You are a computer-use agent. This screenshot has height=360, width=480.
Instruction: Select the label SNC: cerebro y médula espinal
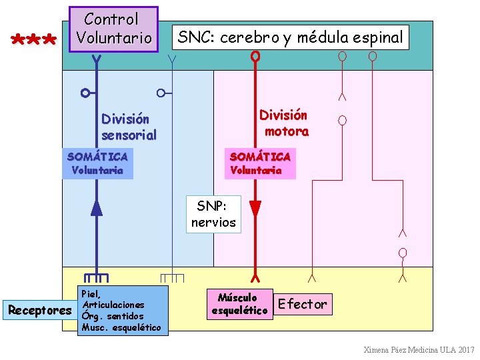pos(290,38)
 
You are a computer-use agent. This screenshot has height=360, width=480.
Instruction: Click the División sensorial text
pos(129,127)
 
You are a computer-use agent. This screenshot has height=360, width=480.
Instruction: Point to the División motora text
pos(284,123)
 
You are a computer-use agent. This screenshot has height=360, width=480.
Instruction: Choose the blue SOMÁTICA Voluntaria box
pos(97,163)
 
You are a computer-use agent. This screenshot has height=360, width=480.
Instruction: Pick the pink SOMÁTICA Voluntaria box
pos(259,163)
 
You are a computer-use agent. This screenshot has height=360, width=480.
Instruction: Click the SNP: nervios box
pos(213,215)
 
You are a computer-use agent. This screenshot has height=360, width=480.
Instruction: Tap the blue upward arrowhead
pos(97,207)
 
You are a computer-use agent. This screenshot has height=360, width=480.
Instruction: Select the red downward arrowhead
pos(254,207)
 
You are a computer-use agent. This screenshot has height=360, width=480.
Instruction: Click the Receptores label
pos(39,310)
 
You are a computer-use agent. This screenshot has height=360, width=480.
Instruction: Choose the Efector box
pos(303,304)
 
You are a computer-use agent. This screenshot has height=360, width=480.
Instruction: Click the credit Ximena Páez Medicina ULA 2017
pos(419,350)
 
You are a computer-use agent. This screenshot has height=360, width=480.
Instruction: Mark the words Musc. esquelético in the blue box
pos(121,327)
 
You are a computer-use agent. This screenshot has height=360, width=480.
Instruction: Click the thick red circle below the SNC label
pos(255,57)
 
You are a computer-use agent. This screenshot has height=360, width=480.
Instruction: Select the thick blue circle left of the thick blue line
pos(85,92)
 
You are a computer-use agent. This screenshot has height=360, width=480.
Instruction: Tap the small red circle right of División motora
pos(342,121)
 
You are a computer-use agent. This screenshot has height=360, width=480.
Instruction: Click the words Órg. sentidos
pos(111,315)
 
